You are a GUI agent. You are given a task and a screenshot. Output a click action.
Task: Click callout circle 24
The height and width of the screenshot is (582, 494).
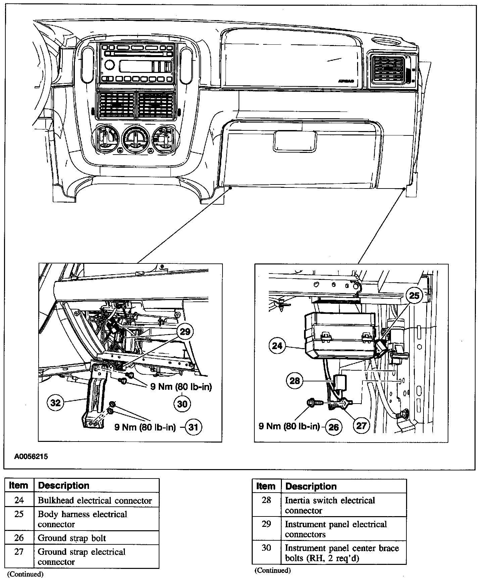pos(277,346)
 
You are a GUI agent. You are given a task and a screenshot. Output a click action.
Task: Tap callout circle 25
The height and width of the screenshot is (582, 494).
pos(414,296)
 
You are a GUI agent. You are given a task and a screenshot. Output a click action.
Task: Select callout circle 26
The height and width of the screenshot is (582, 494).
pos(334,427)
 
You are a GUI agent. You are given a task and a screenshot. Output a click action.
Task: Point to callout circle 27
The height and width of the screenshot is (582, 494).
pos(361,426)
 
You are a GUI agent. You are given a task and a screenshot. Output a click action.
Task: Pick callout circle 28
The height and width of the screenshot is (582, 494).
pos(294,381)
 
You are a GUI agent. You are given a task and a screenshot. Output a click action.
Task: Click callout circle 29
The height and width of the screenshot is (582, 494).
pos(185,332)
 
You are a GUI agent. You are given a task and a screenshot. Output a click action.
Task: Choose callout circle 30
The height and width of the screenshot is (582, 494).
pos(182,403)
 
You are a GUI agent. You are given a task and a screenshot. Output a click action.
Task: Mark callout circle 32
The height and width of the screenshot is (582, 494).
pos(55,402)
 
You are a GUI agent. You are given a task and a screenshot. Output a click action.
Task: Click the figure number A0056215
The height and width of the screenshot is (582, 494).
pos(31,457)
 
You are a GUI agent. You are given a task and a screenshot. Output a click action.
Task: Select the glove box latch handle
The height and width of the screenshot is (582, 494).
pos(295,141)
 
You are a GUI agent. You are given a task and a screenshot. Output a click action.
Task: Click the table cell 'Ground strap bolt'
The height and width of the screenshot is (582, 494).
pos(72,538)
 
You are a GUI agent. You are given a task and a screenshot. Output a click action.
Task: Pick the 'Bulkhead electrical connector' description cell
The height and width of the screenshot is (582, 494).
pos(95,501)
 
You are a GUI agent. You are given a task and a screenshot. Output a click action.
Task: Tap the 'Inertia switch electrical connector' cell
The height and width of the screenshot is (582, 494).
pos(330,505)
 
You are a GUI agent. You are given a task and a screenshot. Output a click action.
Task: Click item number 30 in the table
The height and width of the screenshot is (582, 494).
pos(266,548)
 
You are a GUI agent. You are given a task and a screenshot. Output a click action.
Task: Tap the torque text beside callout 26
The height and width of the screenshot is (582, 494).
pos(289,426)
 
